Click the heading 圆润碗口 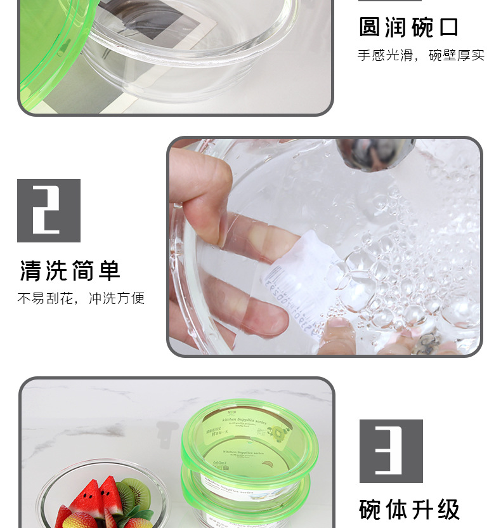(x=408, y=27)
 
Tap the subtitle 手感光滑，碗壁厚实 (x=420, y=55)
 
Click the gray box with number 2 (x=49, y=211)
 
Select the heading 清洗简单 (x=70, y=271)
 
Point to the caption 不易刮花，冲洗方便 (x=81, y=298)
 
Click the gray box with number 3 (x=391, y=451)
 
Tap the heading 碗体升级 (x=409, y=509)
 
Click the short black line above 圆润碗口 (x=389, y=1)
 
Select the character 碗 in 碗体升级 (x=372, y=509)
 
